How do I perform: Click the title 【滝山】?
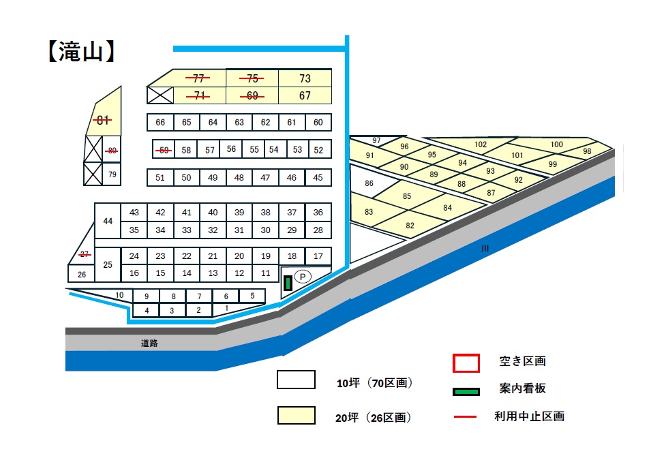[81, 52]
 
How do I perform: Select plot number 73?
[305, 78]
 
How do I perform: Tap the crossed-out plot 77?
[198, 78]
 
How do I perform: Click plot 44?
[108, 221]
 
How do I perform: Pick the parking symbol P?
[303, 277]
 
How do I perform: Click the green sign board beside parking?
[288, 284]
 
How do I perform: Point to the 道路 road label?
[149, 343]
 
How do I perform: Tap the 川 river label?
[485, 249]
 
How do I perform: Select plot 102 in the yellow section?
[481, 144]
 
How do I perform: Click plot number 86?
[369, 183]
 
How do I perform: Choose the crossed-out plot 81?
[103, 121]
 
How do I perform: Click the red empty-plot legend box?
[466, 363]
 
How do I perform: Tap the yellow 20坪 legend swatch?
[296, 415]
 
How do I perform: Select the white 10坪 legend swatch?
[296, 380]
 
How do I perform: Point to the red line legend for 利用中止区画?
[465, 416]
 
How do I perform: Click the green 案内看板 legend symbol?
[466, 391]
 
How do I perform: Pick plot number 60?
[318, 123]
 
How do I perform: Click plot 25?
[108, 264]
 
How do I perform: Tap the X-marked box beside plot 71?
[160, 95]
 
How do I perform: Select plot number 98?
[587, 151]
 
